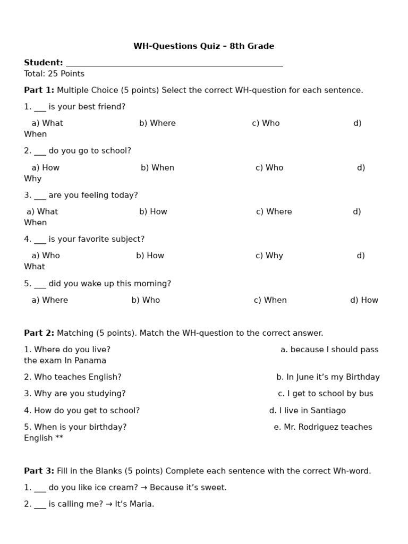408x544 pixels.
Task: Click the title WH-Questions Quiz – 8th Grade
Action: coord(203,46)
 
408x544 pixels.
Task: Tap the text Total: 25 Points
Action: coord(54,74)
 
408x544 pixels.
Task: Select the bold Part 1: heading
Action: coord(39,90)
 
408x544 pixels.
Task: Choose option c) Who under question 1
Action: coord(266,123)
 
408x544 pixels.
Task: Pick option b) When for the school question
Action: coord(157,168)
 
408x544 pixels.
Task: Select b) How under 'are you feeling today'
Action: coord(153,212)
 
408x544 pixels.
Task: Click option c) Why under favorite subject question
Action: coord(269,256)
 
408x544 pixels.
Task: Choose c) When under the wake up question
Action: coord(270,300)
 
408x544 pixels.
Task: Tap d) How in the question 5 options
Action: coord(364,300)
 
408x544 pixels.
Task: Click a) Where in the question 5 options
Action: coord(49,300)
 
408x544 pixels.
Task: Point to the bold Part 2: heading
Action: coord(39,333)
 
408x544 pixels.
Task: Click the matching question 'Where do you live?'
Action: coord(67,350)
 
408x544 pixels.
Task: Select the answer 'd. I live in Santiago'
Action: coord(307,411)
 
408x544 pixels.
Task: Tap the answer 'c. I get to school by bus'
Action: coord(325,394)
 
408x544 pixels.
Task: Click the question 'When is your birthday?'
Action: coord(75,427)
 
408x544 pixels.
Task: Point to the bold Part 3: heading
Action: coord(39,471)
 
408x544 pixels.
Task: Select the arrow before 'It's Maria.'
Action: coord(109,504)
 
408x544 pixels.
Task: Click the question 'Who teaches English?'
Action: coord(72,377)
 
